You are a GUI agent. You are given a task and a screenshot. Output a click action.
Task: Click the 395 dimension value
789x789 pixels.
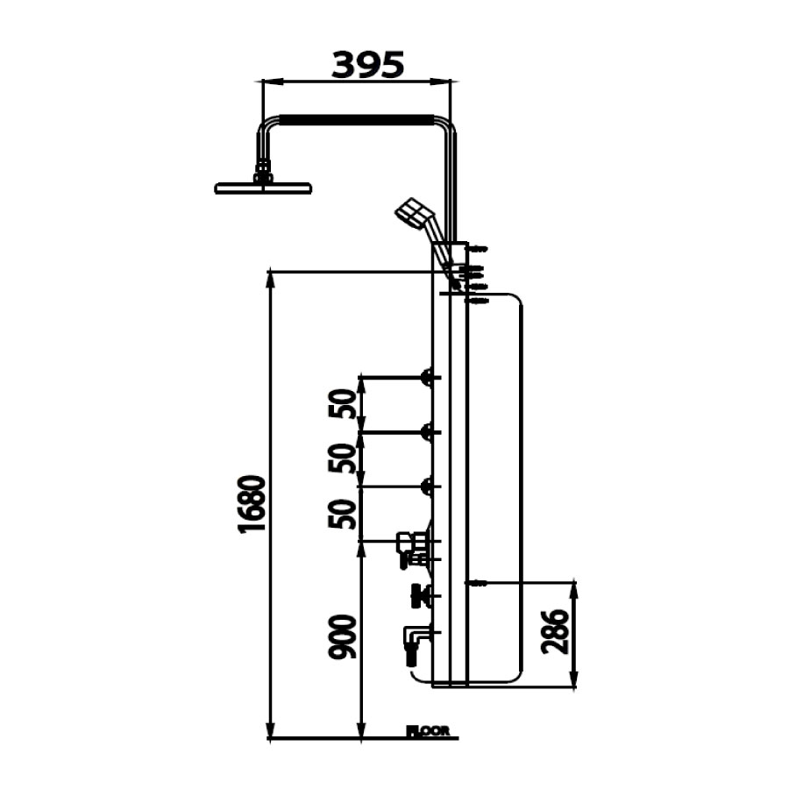pos(367,64)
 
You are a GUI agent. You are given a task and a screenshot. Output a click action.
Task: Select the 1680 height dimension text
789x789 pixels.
pos(251,504)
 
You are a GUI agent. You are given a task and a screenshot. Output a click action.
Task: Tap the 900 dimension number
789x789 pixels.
pos(345,637)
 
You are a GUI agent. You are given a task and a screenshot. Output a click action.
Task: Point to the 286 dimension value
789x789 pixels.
pos(556,632)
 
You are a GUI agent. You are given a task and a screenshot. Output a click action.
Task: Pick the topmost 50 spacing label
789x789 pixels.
pos(345,404)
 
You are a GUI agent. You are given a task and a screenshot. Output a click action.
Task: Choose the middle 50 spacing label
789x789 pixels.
pos(345,458)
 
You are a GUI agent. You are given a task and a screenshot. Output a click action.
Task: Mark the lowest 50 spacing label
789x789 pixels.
pos(345,514)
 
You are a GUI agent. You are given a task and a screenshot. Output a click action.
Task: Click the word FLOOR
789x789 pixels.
pos(428,729)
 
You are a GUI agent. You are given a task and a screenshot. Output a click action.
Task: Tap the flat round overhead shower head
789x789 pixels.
pos(263,188)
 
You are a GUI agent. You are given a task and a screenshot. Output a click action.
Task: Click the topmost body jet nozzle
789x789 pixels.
pos(429,378)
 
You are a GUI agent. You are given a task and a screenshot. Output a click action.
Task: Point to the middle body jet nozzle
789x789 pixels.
pos(429,432)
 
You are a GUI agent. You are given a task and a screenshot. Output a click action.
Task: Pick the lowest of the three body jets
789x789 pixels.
pos(429,487)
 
